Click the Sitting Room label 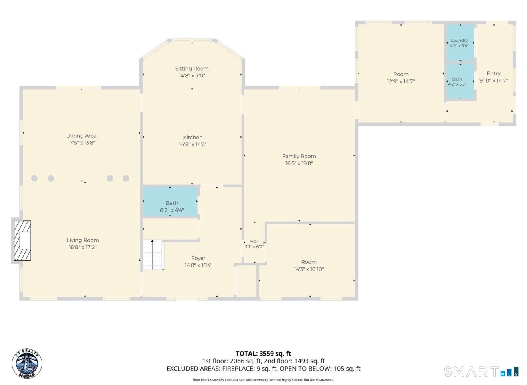click(x=192, y=69)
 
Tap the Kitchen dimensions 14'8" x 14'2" click(x=193, y=144)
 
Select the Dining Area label click(x=81, y=136)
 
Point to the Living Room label click(x=83, y=240)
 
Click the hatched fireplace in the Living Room click(x=23, y=241)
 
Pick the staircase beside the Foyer click(x=153, y=255)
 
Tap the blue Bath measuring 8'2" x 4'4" click(x=170, y=202)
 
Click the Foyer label click(x=198, y=258)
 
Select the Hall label click(x=254, y=241)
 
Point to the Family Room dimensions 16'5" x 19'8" click(x=299, y=163)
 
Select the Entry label click(x=494, y=73)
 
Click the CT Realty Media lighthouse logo click(x=27, y=363)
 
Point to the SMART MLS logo click(x=481, y=371)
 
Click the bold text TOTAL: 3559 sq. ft click(x=263, y=353)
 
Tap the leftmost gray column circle click(x=34, y=178)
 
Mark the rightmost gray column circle click(x=126, y=178)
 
